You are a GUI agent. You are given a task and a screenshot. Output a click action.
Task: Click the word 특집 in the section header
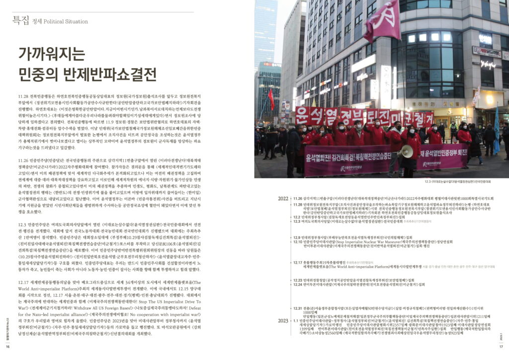tap(20, 21)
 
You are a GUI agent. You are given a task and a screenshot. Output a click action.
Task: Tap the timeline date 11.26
tap(298, 198)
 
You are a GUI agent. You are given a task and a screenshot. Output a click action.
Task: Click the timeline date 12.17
tap(298, 262)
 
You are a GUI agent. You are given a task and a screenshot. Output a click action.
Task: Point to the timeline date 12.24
tap(298, 284)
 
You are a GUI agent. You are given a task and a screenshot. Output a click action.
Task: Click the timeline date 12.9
tap(298, 238)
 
